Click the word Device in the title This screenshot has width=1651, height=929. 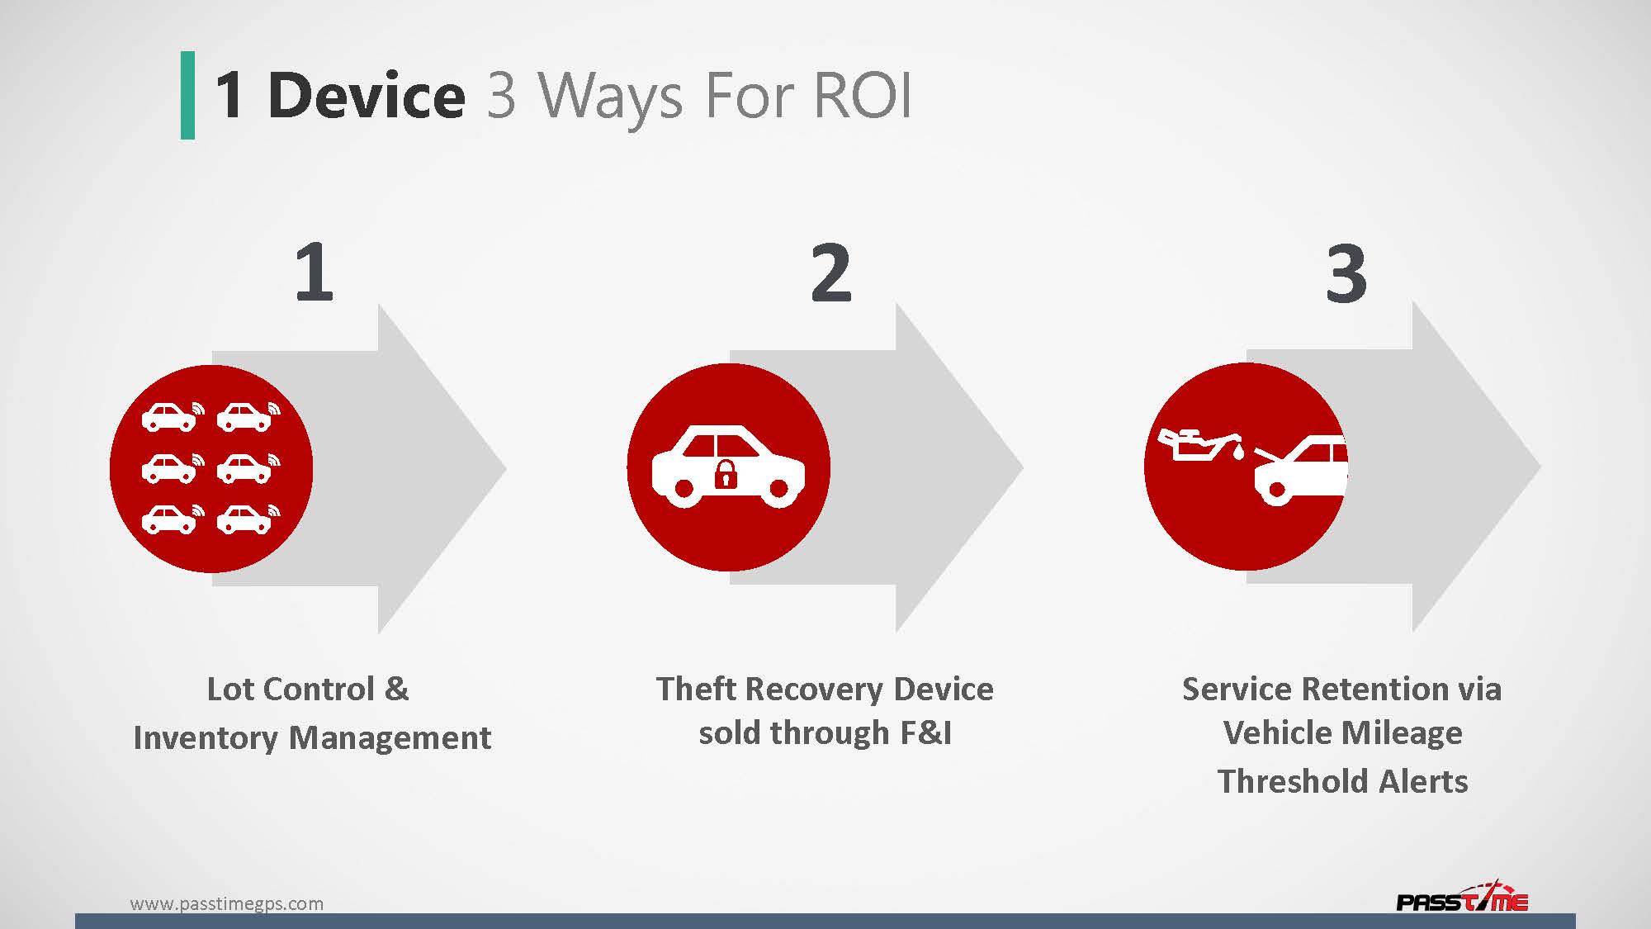(367, 96)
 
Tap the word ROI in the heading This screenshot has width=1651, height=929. (862, 96)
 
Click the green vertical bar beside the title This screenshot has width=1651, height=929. (187, 95)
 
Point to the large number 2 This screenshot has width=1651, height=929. (830, 273)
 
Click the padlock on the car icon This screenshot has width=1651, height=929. (726, 474)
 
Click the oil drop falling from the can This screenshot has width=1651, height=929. (1238, 452)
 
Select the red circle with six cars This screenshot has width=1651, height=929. (211, 468)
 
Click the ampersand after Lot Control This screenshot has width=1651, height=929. (396, 689)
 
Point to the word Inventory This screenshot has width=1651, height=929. (206, 737)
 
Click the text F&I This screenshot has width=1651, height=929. (925, 732)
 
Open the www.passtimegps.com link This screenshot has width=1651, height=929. (227, 903)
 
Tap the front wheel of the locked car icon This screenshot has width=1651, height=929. (778, 489)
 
